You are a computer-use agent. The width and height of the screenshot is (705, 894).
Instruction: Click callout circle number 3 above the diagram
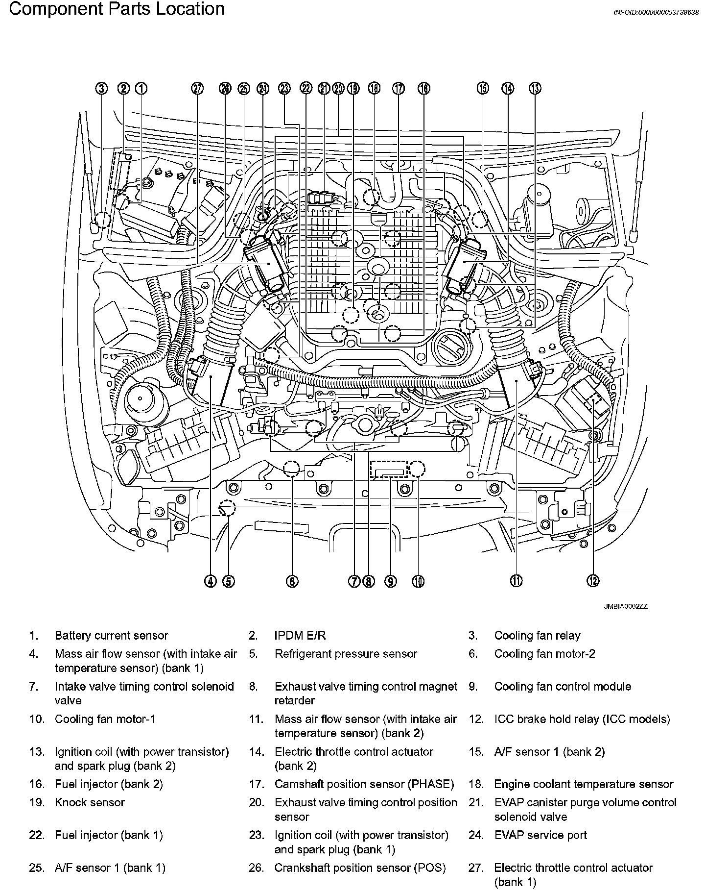[101, 88]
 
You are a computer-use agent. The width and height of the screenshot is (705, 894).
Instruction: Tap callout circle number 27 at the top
[197, 88]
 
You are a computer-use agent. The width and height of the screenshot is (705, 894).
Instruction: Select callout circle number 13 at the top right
[535, 88]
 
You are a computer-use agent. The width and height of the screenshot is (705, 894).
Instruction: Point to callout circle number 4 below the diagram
[210, 581]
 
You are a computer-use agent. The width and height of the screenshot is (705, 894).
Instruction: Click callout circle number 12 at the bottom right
[593, 581]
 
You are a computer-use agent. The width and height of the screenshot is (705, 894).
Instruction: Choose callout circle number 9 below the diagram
[390, 581]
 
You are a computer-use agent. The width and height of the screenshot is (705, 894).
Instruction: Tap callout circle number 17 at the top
[399, 88]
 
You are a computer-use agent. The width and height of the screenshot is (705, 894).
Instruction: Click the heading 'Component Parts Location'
[117, 9]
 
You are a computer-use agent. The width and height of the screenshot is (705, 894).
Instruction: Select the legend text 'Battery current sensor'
[111, 636]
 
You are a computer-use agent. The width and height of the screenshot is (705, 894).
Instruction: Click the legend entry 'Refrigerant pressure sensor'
[346, 654]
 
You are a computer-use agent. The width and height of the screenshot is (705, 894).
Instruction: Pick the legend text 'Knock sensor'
[90, 802]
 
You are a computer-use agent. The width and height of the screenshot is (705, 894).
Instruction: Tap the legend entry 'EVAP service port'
[540, 835]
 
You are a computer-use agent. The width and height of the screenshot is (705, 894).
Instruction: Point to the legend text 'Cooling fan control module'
[563, 687]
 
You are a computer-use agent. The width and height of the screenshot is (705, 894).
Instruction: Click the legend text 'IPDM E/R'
[300, 636]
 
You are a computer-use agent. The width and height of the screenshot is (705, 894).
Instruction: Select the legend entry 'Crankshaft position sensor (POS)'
[360, 868]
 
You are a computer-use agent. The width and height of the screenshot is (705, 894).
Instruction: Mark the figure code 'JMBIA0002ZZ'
[625, 606]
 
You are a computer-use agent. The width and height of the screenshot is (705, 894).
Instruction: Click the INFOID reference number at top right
[656, 13]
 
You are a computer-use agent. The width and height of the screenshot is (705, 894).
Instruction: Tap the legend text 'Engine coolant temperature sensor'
[584, 784]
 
